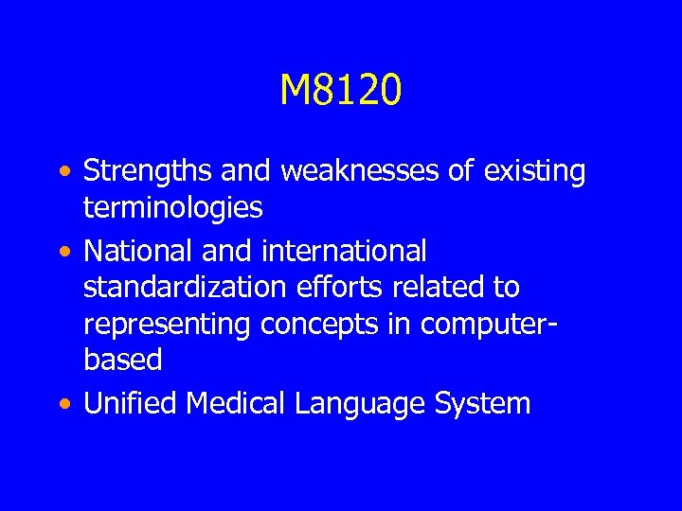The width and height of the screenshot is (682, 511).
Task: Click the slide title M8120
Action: coord(341,91)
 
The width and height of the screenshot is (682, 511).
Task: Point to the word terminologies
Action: coord(171,207)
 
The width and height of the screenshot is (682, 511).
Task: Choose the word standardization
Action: coord(181,288)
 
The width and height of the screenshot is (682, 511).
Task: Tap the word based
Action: coord(123,360)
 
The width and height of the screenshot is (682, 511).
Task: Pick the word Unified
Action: coord(131,404)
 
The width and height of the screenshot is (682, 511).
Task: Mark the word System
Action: coord(483,404)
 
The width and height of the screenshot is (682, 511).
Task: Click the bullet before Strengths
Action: coord(62,174)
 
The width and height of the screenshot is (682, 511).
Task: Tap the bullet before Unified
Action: coord(62,406)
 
